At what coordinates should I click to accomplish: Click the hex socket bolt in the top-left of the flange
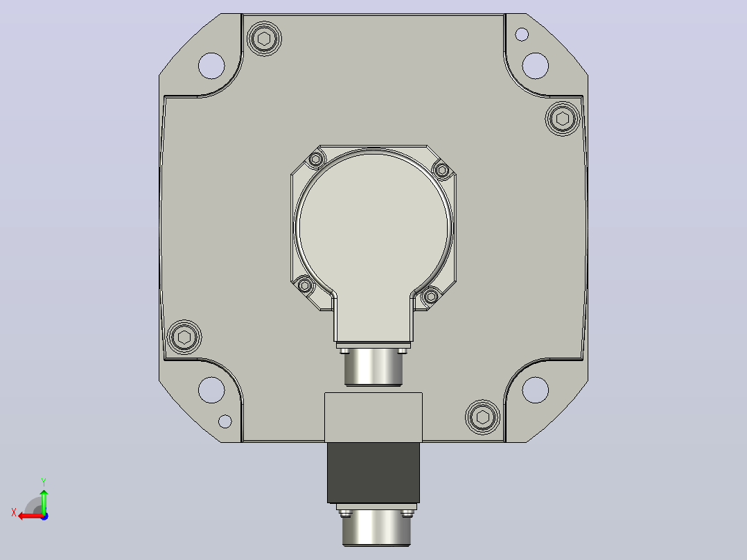click(265, 39)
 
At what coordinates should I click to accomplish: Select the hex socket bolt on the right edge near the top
click(563, 119)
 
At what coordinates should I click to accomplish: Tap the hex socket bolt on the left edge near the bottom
click(184, 338)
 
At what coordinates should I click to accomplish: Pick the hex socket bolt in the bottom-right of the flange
click(482, 417)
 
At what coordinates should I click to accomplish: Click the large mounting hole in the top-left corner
click(211, 66)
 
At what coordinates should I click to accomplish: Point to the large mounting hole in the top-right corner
click(536, 66)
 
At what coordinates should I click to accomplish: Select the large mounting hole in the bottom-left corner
click(211, 390)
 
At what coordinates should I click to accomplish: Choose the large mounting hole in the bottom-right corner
click(536, 390)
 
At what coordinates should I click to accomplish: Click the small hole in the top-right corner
click(522, 35)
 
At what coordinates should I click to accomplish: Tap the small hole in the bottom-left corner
click(225, 421)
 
